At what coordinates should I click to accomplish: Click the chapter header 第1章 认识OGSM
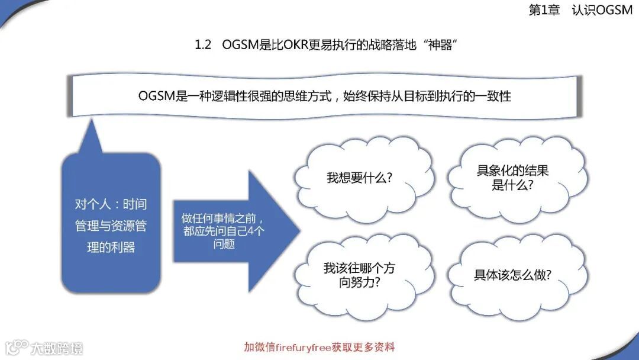click(580, 10)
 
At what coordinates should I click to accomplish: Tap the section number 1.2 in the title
click(203, 45)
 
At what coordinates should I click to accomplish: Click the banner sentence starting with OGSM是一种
click(324, 95)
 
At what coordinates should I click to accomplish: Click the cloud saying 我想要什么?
click(359, 178)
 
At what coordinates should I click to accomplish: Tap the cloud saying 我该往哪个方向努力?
click(359, 275)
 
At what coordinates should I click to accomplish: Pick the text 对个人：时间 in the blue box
click(111, 204)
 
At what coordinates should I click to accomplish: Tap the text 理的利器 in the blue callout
click(111, 247)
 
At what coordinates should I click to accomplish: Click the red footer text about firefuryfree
click(319, 347)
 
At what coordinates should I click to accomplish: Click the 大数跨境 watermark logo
click(44, 347)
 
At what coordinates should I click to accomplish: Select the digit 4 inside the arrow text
click(251, 230)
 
